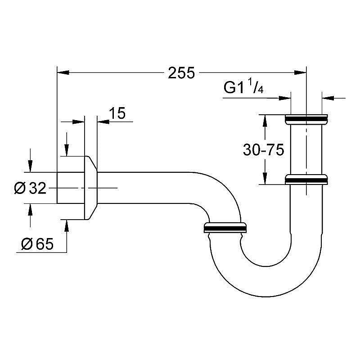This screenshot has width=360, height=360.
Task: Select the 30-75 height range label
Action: (x=263, y=150)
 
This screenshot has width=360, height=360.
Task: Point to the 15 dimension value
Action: (x=117, y=113)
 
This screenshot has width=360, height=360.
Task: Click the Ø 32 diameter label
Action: (x=31, y=189)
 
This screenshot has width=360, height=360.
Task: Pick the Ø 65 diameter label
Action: (x=37, y=244)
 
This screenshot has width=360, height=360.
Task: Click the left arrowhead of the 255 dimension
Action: (x=62, y=72)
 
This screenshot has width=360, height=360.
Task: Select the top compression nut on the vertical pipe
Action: (x=306, y=120)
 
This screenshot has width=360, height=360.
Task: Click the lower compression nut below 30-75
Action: (x=306, y=179)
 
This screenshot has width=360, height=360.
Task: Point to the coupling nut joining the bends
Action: (x=225, y=227)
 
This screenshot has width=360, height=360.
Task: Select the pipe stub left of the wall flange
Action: (x=70, y=188)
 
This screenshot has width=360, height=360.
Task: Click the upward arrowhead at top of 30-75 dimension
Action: (x=265, y=120)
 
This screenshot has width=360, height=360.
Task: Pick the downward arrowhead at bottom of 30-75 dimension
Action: (x=265, y=179)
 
